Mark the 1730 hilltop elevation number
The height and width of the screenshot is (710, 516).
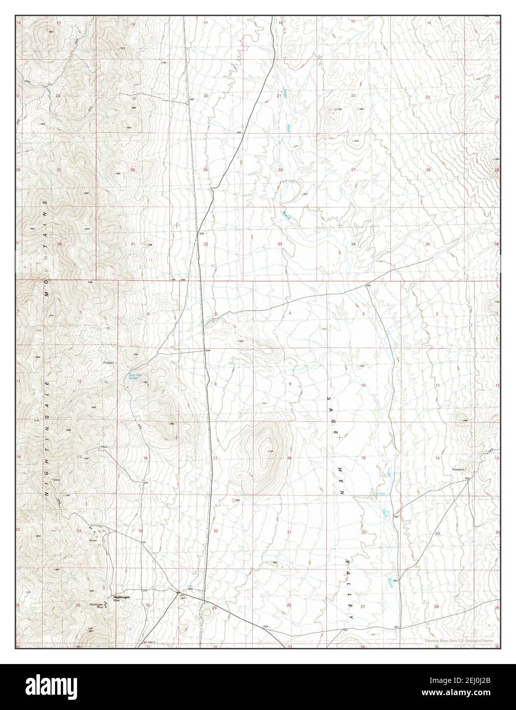pos(271,451)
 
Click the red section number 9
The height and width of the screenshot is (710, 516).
pos(289,384)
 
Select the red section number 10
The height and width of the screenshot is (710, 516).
pos(363,384)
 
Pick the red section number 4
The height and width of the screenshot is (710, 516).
pos(289,312)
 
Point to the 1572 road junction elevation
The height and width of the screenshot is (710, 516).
pos(368,286)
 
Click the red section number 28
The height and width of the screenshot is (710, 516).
pos(280,170)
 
